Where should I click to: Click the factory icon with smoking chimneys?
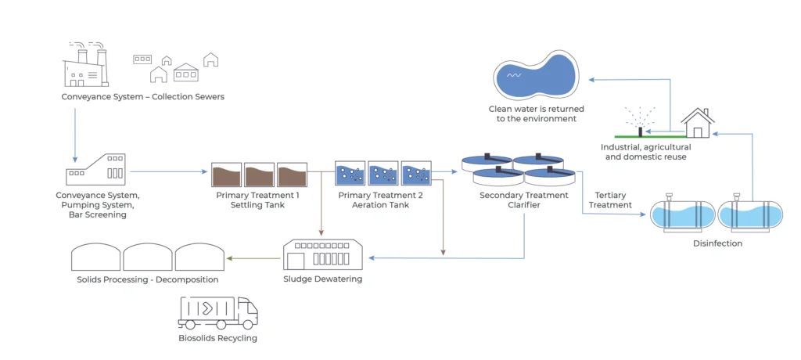[85, 64]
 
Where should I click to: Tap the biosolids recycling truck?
[217, 312]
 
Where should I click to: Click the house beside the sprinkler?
[697, 124]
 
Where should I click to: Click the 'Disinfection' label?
[717, 243]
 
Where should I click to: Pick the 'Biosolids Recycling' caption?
[217, 338]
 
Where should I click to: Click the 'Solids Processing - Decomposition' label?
[148, 279]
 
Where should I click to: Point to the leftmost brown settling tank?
[226, 174]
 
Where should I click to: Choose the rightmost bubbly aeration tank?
[416, 174]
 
